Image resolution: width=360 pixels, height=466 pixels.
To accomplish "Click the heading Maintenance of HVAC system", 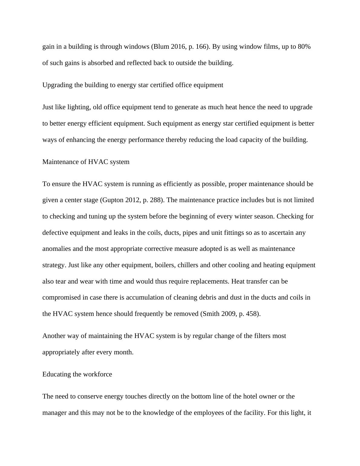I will [86, 162].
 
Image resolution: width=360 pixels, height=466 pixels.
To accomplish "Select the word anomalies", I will [57, 249].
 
